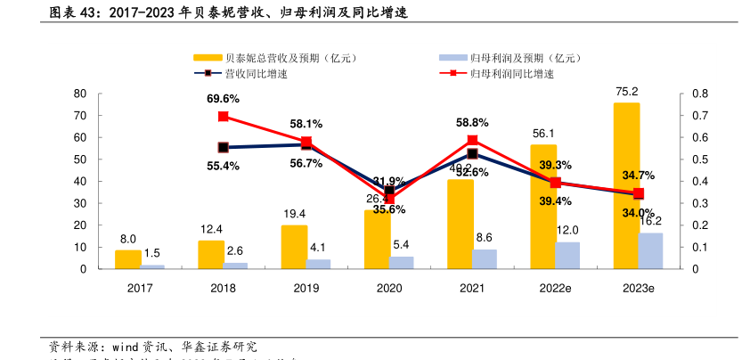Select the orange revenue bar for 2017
[x=127, y=259]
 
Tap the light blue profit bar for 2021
[x=484, y=258]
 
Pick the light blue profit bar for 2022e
[x=567, y=255]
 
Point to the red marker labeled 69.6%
[x=223, y=116]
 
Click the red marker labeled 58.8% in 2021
[x=472, y=140]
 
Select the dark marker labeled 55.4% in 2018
[x=223, y=147]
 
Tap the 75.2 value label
[x=626, y=91]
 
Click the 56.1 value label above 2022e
[x=543, y=133]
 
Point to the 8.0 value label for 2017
[x=127, y=239]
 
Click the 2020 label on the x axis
[x=388, y=288]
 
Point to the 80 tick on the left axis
[x=79, y=94]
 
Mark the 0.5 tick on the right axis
[x=699, y=160]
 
